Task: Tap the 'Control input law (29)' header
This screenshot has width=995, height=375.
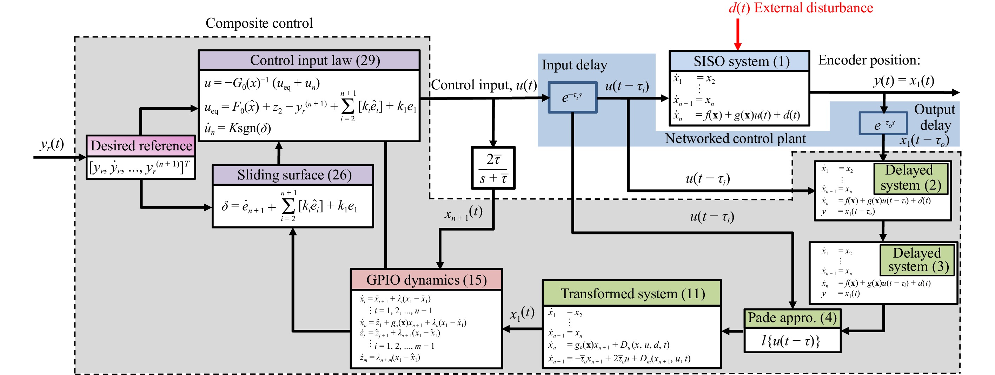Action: (309, 60)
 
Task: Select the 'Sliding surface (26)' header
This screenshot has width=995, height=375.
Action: (293, 175)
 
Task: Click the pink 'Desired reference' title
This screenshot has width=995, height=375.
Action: (141, 145)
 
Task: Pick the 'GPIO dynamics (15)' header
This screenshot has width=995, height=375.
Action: (426, 280)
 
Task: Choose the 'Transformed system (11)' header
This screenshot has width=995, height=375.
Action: (632, 294)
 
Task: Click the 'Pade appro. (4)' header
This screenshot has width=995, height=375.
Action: (792, 318)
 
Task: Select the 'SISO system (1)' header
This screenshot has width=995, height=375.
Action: (739, 61)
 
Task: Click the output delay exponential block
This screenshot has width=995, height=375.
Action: (883, 123)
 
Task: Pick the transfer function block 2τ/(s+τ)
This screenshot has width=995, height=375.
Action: (493, 168)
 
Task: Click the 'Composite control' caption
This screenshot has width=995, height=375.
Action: (259, 23)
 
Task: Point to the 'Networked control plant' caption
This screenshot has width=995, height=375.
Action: (735, 138)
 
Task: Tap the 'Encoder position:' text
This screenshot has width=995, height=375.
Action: (869, 60)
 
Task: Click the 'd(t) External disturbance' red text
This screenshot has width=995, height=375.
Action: (801, 8)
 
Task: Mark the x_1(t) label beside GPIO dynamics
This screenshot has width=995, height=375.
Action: (522, 313)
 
